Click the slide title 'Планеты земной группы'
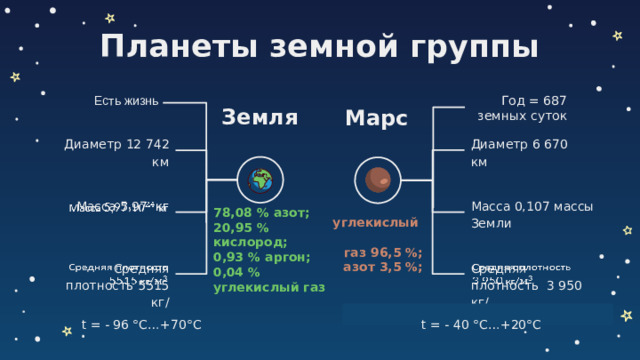(320, 46)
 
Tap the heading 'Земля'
(260, 117)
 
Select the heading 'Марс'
(375, 119)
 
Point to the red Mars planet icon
(377, 180)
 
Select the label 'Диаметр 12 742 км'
(116, 152)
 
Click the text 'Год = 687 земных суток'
(522, 108)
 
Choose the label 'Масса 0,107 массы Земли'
(519, 214)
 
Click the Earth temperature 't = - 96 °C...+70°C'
(142, 325)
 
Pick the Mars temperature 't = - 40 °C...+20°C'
(481, 325)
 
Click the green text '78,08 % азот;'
(261, 212)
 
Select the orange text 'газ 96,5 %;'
(382, 252)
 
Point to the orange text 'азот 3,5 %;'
(382, 267)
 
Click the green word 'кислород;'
(250, 242)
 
